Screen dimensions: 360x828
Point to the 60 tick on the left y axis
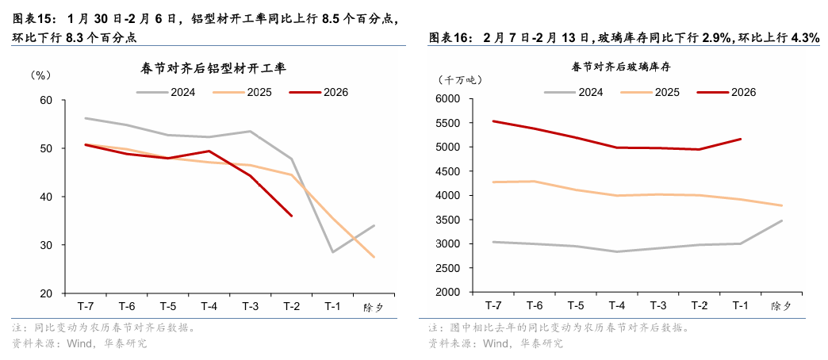pos(46,100)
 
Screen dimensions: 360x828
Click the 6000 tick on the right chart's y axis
pos(448,99)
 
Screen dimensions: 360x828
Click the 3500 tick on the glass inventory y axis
pos(448,220)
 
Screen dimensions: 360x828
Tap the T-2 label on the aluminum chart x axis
pos(292,306)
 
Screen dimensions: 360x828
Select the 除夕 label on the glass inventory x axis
pos(781,305)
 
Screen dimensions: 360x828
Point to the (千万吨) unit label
pos(459,79)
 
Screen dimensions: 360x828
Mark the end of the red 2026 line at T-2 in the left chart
pos(292,216)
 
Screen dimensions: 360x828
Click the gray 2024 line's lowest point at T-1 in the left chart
pos(333,252)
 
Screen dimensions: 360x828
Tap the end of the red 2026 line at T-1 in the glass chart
pos(741,139)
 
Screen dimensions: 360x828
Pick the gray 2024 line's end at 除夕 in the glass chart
pos(782,220)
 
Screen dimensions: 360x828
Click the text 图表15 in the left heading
pos(33,17)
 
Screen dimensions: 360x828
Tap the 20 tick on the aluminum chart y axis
pos(46,293)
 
